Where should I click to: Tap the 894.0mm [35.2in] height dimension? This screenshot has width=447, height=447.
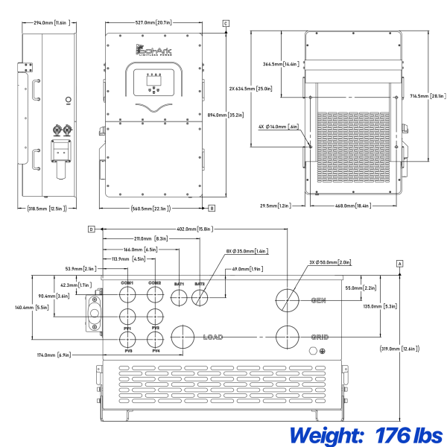tap(223, 115)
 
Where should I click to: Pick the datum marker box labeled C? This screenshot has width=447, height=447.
tap(225, 25)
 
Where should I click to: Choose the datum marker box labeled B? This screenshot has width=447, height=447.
tap(212, 208)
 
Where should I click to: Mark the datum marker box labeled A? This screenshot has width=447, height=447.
tap(400, 264)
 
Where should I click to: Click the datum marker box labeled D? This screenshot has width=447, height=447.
tap(91, 229)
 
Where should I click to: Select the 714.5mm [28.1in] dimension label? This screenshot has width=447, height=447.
tap(428, 95)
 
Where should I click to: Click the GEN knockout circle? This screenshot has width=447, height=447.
tap(287, 300)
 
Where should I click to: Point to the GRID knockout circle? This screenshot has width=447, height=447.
tap(287, 337)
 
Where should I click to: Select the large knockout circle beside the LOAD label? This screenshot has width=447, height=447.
tap(183, 337)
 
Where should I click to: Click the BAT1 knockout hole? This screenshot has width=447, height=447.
tap(180, 298)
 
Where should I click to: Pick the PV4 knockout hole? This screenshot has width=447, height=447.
tap(155, 339)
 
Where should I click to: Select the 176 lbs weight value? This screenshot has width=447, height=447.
tap(410, 434)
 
